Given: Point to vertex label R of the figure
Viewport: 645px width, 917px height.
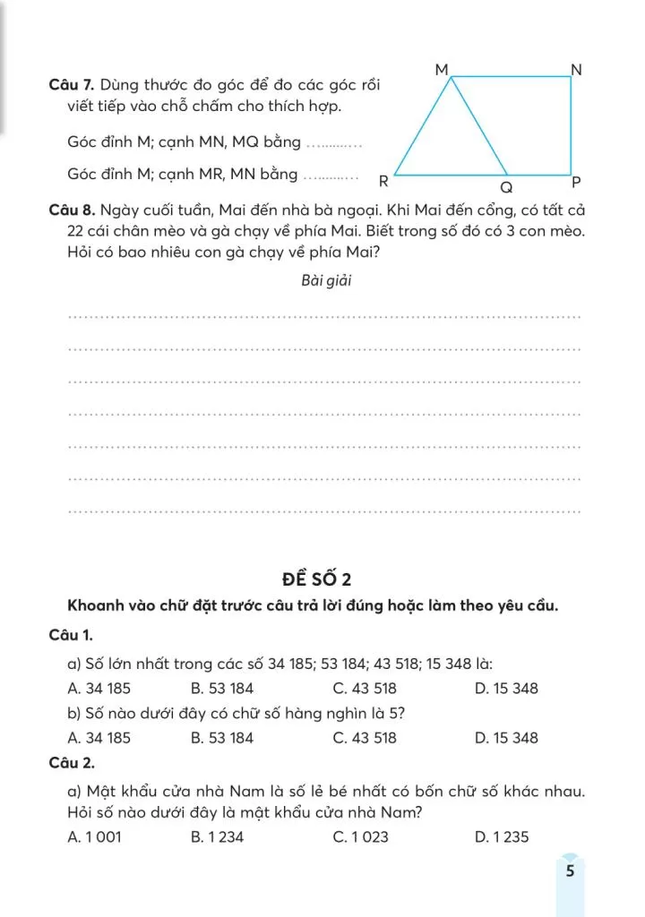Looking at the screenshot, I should [x=383, y=180].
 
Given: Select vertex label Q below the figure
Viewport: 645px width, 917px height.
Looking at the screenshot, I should [x=506, y=189].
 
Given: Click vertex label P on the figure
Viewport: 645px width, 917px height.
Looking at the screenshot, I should [x=576, y=181].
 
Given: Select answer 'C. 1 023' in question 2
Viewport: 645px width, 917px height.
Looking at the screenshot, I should [x=364, y=837].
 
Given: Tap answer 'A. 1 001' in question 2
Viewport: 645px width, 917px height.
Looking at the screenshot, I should [x=94, y=837].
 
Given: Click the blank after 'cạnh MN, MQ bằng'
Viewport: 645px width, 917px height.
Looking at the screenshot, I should [x=332, y=143].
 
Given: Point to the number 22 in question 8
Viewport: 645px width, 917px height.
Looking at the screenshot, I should [x=62, y=231].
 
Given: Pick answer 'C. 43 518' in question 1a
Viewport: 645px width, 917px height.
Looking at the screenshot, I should [x=365, y=689].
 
